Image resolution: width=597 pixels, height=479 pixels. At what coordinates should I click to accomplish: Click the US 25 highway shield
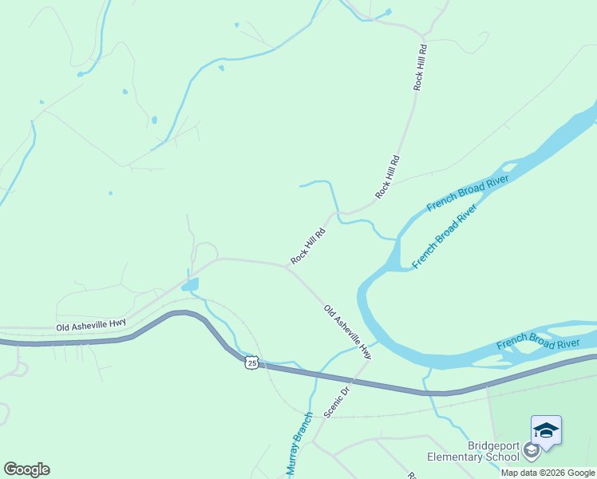coord(251,362)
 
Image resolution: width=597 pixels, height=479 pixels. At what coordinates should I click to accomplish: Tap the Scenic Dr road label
coord(338,402)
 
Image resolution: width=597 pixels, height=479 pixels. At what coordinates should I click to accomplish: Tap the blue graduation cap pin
coord(547,430)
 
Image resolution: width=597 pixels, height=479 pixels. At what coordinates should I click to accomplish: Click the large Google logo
coord(26,469)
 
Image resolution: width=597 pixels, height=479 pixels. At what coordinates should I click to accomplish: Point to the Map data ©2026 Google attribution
coord(548,473)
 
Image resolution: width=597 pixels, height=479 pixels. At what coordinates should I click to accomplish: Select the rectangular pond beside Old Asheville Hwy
coord(190,284)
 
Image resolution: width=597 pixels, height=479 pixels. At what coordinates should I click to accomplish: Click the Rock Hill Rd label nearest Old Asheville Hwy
coord(308,247)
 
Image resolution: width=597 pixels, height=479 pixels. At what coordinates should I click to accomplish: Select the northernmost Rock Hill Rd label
coord(421,67)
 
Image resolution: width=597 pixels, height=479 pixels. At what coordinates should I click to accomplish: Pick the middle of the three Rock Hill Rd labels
coord(387,176)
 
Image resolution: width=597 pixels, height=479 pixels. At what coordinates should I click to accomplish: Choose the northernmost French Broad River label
coord(467,192)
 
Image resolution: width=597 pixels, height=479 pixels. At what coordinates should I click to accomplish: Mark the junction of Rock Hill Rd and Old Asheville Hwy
coord(287,267)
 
